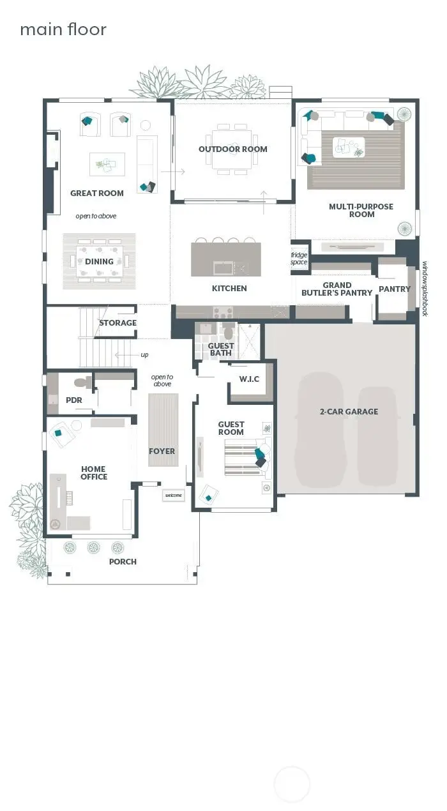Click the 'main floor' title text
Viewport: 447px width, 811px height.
pyautogui.click(x=63, y=29)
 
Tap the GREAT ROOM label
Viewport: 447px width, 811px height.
pyautogui.click(x=97, y=193)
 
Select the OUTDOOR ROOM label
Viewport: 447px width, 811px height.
pyautogui.click(x=232, y=149)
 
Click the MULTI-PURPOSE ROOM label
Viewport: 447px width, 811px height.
pyautogui.click(x=361, y=210)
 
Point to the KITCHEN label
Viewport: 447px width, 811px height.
pyautogui.click(x=229, y=289)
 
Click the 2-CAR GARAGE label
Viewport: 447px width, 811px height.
pyautogui.click(x=349, y=412)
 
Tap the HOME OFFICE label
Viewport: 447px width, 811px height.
pyautogui.click(x=94, y=473)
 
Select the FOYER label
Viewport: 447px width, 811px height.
pyautogui.click(x=162, y=451)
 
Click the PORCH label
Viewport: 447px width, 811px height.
pyautogui.click(x=123, y=561)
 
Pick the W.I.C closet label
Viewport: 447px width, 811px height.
pyautogui.click(x=249, y=379)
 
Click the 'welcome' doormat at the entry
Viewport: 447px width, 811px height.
pyautogui.click(x=174, y=495)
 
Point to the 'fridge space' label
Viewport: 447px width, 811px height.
pyautogui.click(x=299, y=259)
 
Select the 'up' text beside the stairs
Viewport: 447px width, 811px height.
pyautogui.click(x=144, y=354)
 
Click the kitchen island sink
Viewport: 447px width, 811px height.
pyautogui.click(x=223, y=266)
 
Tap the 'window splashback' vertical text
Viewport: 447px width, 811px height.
pyautogui.click(x=424, y=288)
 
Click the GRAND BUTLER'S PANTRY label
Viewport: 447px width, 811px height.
pyautogui.click(x=337, y=289)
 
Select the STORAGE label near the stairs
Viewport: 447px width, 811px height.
pyautogui.click(x=117, y=323)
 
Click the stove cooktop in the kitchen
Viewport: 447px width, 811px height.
pyautogui.click(x=223, y=312)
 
